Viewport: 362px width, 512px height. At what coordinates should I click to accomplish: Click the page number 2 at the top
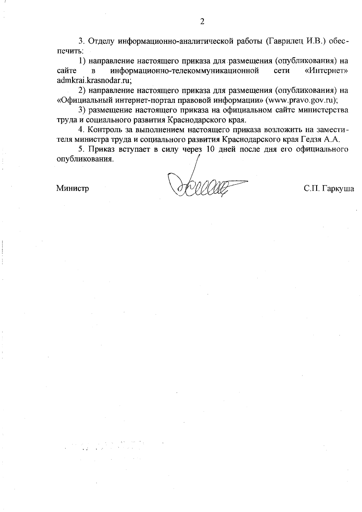tap(202, 21)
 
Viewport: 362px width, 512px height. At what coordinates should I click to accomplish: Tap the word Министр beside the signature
tap(72, 189)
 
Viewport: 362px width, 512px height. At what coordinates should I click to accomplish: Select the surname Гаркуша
tap(338, 189)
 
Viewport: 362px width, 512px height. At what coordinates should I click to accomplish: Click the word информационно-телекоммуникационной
tap(185, 71)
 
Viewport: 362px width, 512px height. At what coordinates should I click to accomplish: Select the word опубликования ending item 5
tap(85, 159)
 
